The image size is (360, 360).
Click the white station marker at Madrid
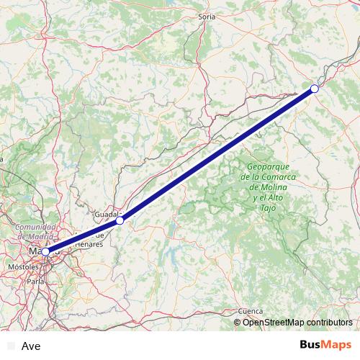tap(46, 251)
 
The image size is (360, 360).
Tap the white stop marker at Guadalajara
tap(120, 220)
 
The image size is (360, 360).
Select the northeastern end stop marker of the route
tap(315, 89)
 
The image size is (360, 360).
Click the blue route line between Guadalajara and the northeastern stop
tap(216, 156)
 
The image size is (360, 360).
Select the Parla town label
tap(35, 282)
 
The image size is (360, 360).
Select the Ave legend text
tap(31, 346)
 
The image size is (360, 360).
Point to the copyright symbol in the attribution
tap(238, 322)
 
